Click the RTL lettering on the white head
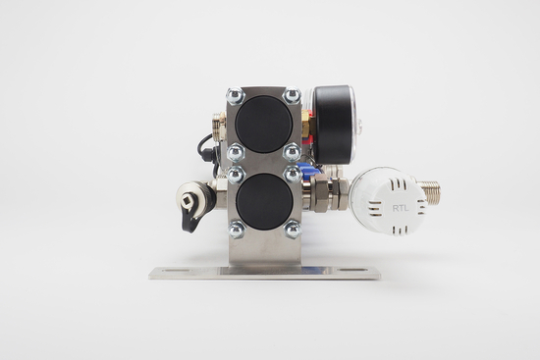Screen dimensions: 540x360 400,208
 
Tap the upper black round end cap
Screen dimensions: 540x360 264,124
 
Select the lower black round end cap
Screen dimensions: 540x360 265,201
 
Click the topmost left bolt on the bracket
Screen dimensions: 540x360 236,96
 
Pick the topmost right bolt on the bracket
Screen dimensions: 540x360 292,96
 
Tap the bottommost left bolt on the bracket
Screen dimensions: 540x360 237,230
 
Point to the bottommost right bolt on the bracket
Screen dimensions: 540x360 294,230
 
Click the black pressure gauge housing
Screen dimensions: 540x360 332,125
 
